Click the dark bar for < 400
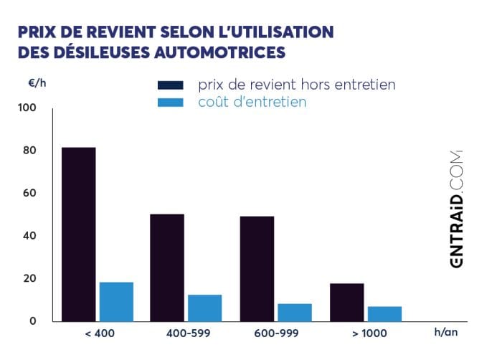[x=79, y=234]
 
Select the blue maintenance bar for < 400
[x=116, y=301]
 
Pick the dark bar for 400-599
[x=167, y=267]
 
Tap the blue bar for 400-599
[x=204, y=308]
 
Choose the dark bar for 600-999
[x=257, y=268]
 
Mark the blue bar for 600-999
[x=295, y=312]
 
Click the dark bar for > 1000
[x=347, y=302]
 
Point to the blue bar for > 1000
[x=384, y=313]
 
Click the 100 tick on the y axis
[x=26, y=108]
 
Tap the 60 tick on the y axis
[x=27, y=193]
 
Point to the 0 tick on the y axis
[x=32, y=321]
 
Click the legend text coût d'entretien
[x=252, y=103]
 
